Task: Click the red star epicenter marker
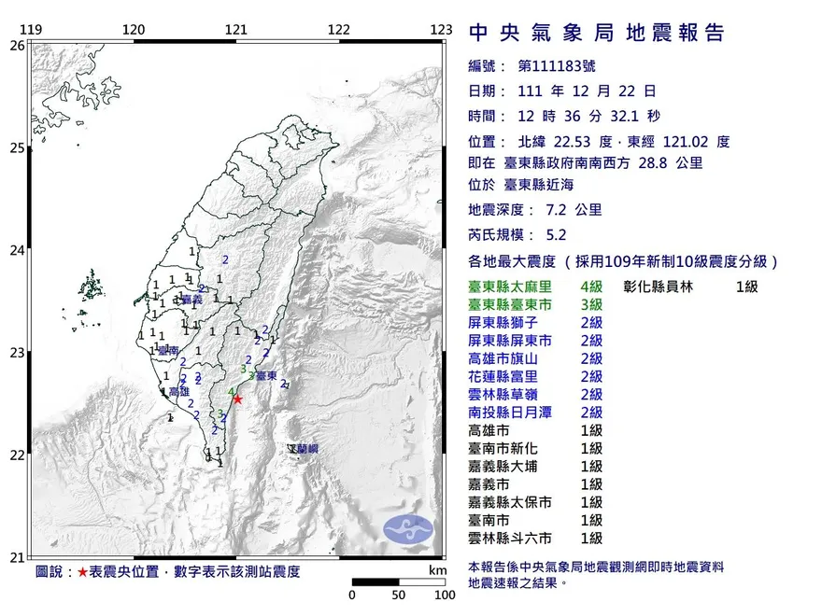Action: (x=237, y=399)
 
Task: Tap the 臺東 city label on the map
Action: (x=265, y=376)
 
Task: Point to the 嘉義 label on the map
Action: (x=191, y=300)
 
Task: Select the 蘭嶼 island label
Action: (x=305, y=450)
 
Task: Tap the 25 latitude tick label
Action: (x=18, y=147)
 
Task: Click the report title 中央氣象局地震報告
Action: (x=596, y=35)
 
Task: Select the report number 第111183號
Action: (x=556, y=66)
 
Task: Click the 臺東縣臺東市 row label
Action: (x=509, y=304)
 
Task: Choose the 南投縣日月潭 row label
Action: (x=509, y=413)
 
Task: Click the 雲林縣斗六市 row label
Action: (x=509, y=539)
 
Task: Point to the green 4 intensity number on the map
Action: (x=230, y=391)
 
